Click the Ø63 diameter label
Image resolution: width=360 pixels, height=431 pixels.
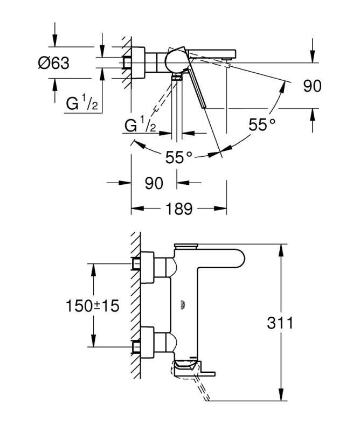click(x=53, y=64)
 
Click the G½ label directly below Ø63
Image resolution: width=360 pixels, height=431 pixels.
click(x=81, y=105)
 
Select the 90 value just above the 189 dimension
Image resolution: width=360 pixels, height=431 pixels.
click(x=154, y=183)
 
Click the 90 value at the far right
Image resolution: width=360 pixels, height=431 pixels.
click(x=312, y=86)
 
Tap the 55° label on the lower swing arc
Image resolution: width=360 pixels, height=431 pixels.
click(x=179, y=157)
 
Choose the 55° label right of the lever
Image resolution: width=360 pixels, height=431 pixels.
click(x=262, y=125)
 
